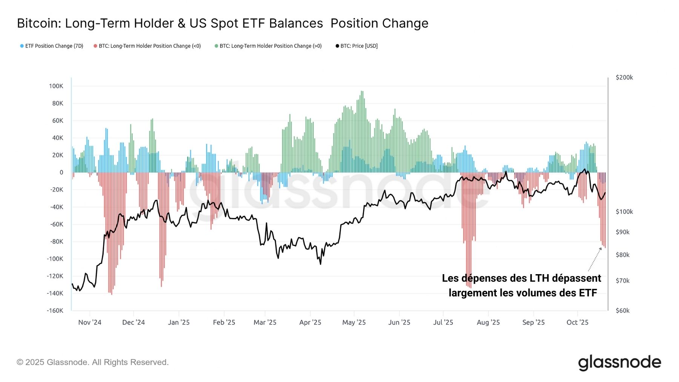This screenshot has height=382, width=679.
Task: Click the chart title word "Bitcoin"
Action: point(39,23)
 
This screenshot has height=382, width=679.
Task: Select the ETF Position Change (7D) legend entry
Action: point(52,46)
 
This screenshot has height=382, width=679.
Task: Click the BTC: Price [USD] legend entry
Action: point(356,46)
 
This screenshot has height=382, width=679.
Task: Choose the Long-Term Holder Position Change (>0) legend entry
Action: point(268,46)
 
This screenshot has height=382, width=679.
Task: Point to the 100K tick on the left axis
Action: point(56,86)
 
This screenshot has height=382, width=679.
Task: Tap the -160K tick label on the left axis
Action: point(55,311)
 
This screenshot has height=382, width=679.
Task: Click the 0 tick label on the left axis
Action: point(61,172)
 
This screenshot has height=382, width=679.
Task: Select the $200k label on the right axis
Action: point(624,77)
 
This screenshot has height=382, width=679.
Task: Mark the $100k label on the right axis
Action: point(624,212)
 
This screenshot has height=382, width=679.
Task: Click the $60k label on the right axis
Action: point(622,311)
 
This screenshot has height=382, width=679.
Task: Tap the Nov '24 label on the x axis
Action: point(90,322)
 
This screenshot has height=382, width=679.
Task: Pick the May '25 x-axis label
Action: point(354,322)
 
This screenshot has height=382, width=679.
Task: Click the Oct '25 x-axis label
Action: point(577,322)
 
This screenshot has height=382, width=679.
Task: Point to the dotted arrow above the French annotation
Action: point(595,259)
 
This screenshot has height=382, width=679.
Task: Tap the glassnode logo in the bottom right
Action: point(619,362)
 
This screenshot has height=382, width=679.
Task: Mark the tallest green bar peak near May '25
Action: point(362,92)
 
